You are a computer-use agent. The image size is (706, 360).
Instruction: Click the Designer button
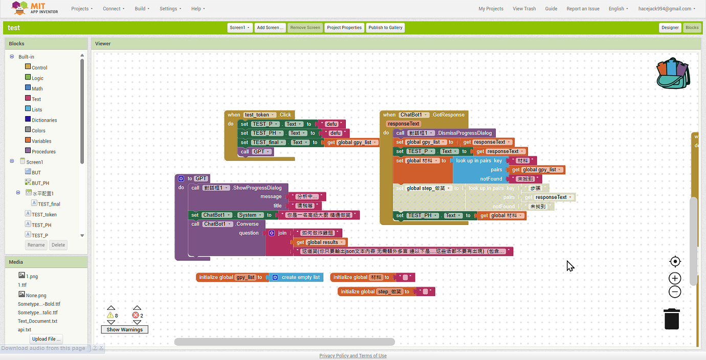670,28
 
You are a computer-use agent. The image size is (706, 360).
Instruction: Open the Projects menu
82,9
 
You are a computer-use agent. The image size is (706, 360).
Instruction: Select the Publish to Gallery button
385,28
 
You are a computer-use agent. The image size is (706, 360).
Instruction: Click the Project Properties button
344,28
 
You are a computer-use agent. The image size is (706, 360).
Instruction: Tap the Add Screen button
270,28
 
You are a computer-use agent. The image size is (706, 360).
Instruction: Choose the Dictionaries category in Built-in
44,120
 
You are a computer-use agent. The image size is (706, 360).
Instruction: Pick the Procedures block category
43,151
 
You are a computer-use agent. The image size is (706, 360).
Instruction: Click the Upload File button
46,339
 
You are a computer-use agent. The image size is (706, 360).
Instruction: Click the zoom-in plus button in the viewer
675,278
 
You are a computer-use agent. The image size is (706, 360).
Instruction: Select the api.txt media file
25,330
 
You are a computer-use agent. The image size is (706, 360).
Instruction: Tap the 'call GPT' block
255,151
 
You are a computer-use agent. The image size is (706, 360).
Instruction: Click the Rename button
36,245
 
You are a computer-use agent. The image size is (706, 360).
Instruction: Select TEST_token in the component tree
44,215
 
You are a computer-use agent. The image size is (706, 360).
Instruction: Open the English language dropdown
618,9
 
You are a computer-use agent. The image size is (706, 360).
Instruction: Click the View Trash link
524,9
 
